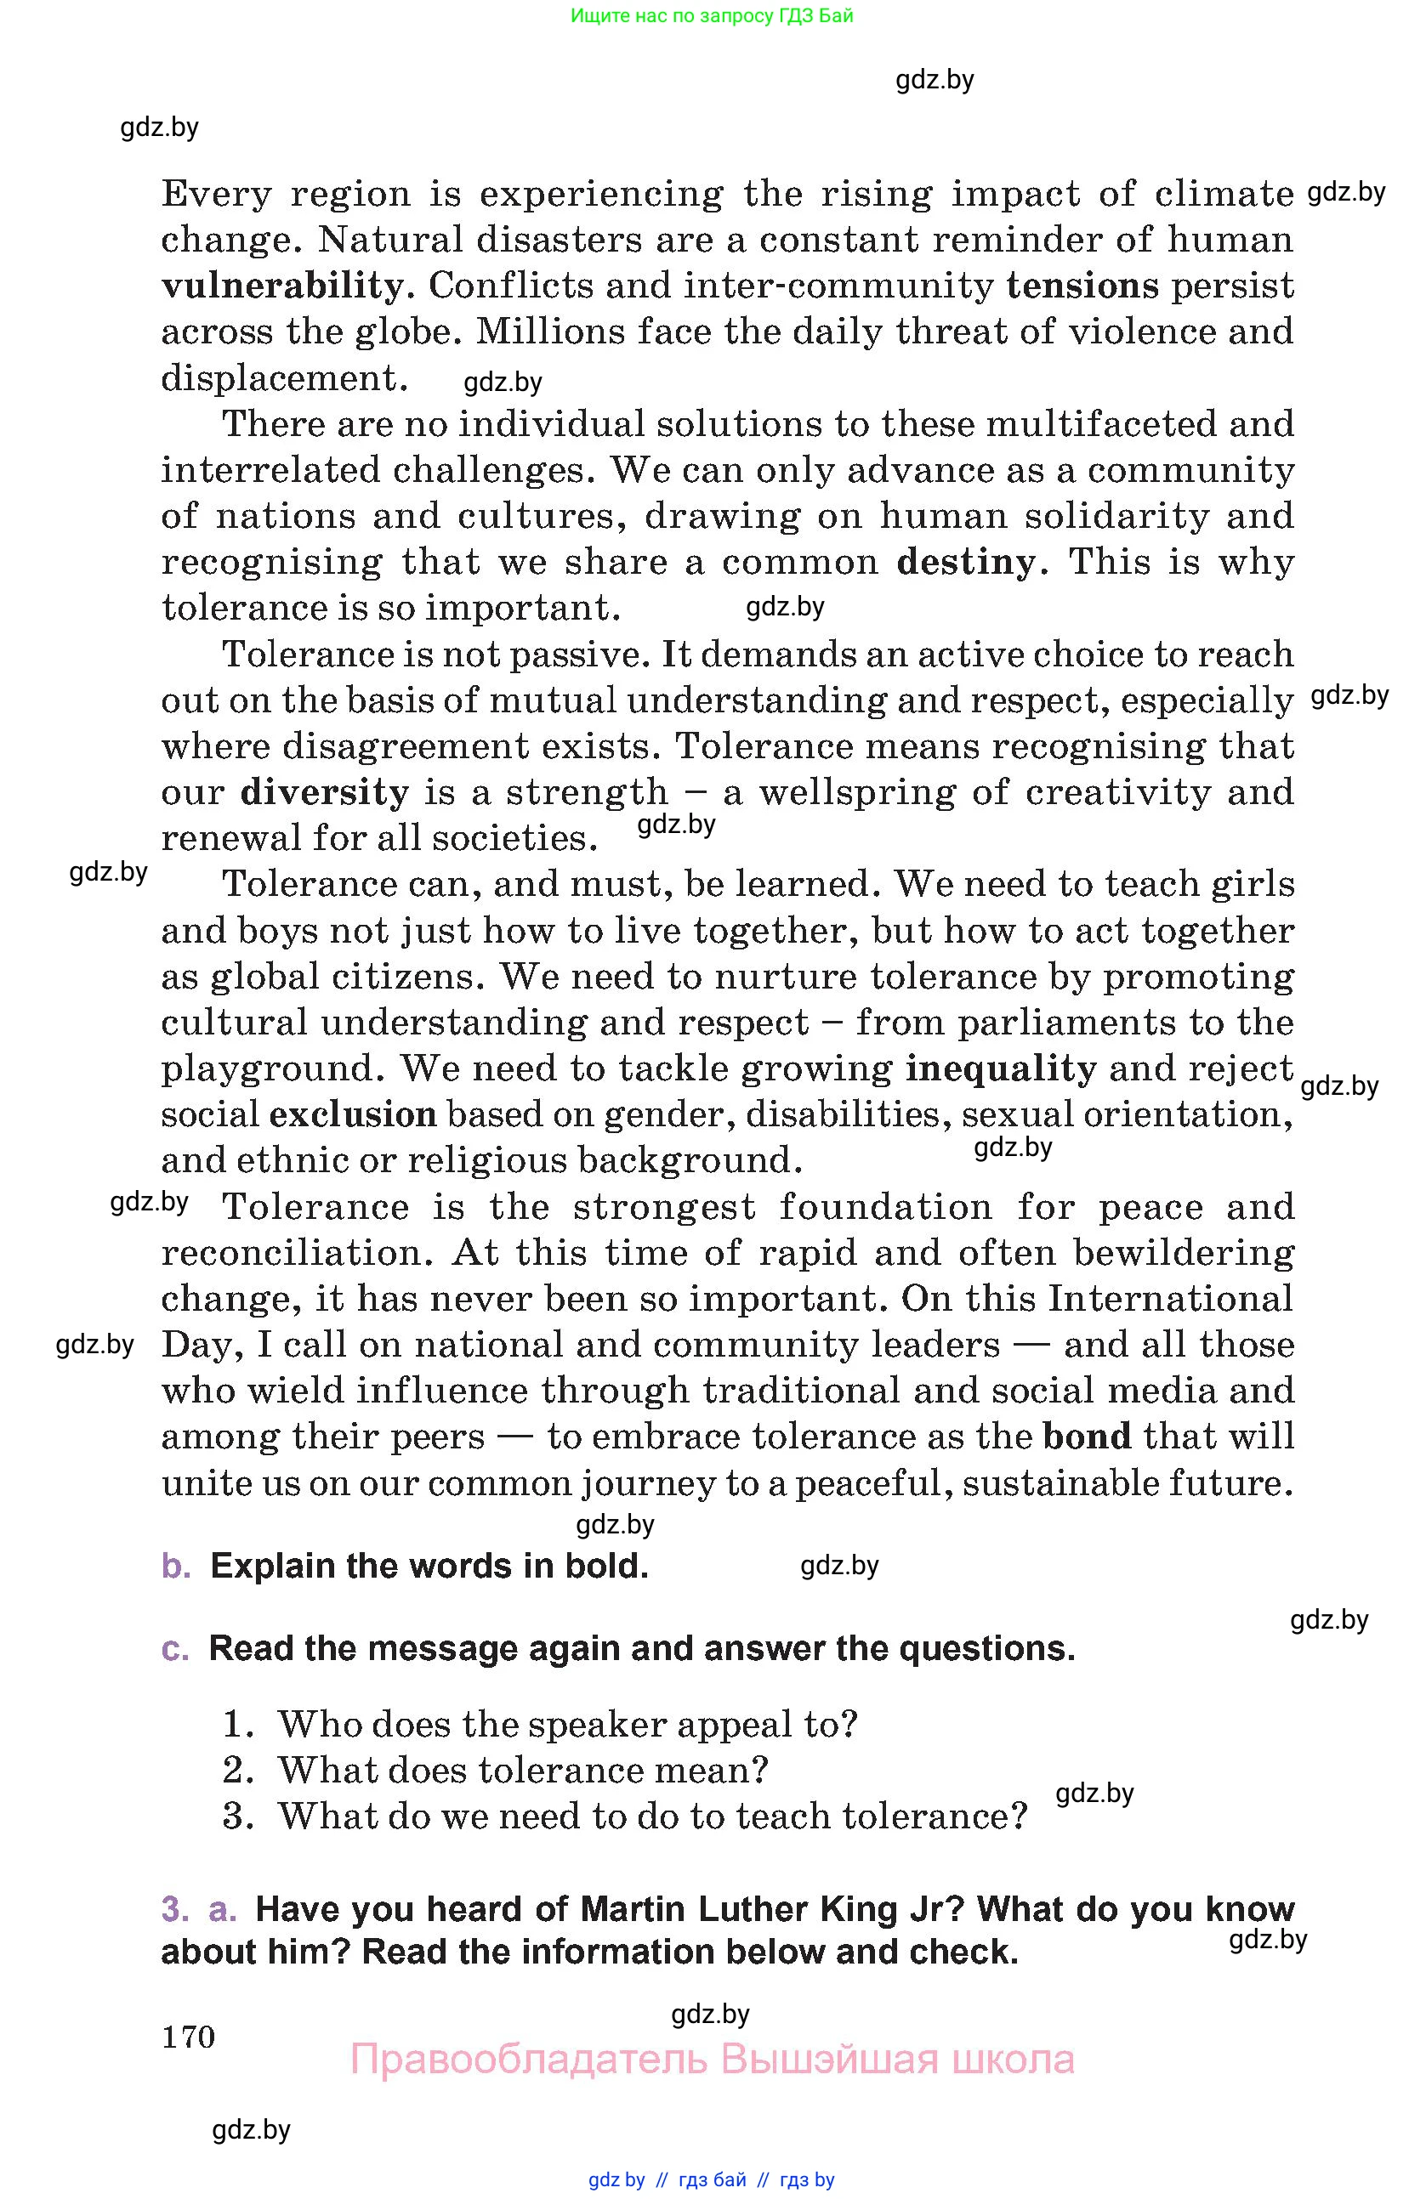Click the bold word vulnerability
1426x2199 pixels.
(281, 286)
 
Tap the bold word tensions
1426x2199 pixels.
(1082, 286)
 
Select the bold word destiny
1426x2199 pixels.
(966, 562)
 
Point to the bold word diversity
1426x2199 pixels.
(324, 792)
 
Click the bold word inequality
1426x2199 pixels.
(1000, 1068)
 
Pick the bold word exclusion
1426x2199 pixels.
(353, 1114)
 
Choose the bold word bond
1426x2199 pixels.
(1087, 1436)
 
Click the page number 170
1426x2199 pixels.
(189, 2037)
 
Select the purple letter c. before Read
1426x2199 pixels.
(174, 1648)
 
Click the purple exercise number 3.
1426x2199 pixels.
(173, 1909)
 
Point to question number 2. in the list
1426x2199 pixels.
(238, 1771)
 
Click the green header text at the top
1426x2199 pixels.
(712, 15)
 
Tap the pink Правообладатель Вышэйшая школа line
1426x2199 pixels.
(712, 2060)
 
